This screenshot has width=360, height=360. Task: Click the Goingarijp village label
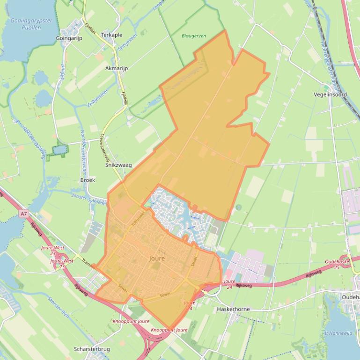coord(69,38)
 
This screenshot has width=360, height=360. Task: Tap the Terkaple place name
coord(111,35)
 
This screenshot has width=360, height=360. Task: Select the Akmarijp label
coord(117,68)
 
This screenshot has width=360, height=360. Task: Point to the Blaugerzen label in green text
coord(194,36)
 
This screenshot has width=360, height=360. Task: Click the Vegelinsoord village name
coord(330,94)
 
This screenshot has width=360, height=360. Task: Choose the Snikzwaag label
coord(118,165)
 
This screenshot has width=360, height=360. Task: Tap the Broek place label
coord(88,180)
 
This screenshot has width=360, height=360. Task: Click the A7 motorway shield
coord(24,214)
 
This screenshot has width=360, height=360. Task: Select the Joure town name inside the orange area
coord(157,259)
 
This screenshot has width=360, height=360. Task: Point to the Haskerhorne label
coord(233,309)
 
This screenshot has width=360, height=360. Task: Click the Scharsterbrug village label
coord(92,349)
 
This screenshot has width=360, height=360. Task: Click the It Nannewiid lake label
coord(339,333)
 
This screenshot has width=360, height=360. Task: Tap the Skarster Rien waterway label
coord(59,307)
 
